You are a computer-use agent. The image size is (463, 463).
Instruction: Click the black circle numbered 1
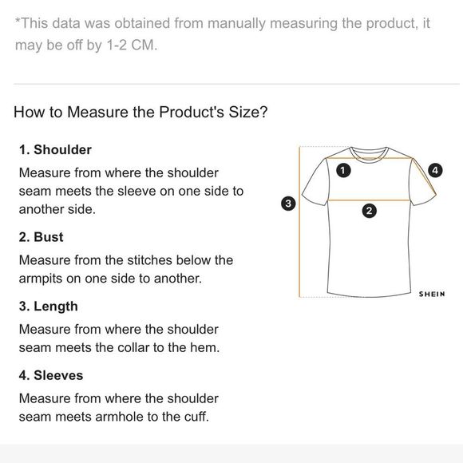pos(343,170)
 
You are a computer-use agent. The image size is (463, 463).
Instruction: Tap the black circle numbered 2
pos(369,211)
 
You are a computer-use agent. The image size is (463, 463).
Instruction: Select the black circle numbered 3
pos(288,204)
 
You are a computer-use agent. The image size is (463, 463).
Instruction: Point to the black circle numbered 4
pos(435,170)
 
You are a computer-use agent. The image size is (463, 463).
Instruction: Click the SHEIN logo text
pos(432,294)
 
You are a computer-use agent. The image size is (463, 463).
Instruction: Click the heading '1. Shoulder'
pos(55,150)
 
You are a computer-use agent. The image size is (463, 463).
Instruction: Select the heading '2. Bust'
pos(41,237)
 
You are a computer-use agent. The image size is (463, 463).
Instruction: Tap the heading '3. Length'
pos(49,307)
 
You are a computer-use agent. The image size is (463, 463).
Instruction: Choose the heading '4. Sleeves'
pos(51,376)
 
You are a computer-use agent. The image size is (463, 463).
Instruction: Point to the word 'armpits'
pos(41,279)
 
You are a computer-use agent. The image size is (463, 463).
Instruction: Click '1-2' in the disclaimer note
pos(117,46)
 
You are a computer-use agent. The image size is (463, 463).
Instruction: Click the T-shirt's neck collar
pos(369,156)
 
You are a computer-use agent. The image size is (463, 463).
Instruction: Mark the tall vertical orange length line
pos(299,222)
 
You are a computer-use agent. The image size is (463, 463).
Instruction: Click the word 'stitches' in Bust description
pos(150,260)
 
